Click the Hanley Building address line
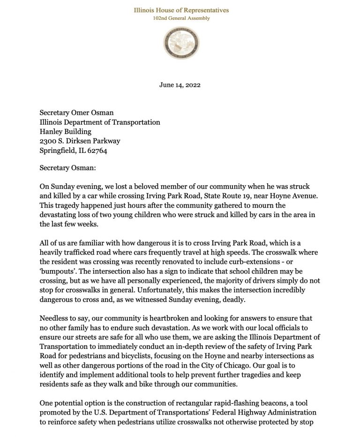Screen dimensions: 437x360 click(x=65, y=131)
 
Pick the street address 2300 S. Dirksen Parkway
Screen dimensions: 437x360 click(x=80, y=141)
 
